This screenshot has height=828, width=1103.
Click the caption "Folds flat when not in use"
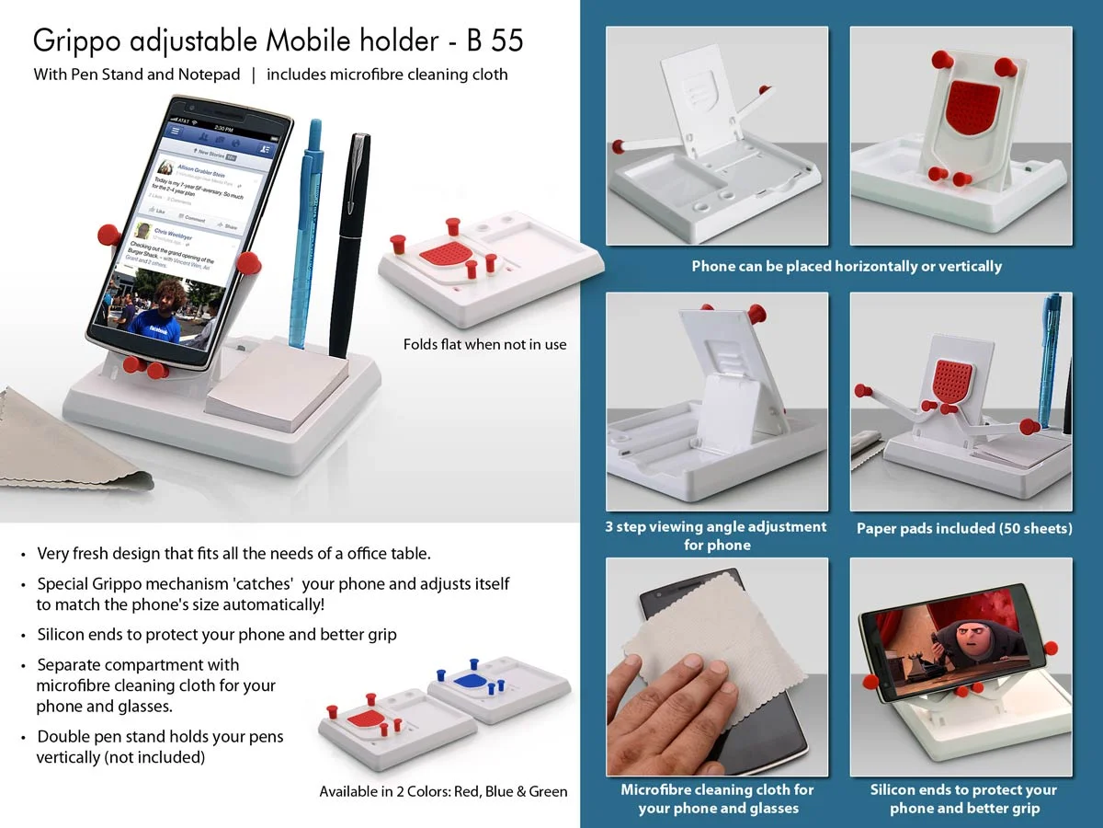[x=484, y=344]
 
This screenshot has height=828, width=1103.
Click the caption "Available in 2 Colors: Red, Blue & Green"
[x=443, y=791]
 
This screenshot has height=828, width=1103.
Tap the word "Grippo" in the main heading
[x=78, y=41]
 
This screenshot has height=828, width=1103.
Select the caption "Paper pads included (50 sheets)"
[x=964, y=528]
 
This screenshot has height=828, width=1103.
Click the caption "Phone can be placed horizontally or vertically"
[x=847, y=266]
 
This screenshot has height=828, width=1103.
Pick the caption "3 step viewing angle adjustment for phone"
[x=716, y=535]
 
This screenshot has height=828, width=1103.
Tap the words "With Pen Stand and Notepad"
[x=137, y=75]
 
